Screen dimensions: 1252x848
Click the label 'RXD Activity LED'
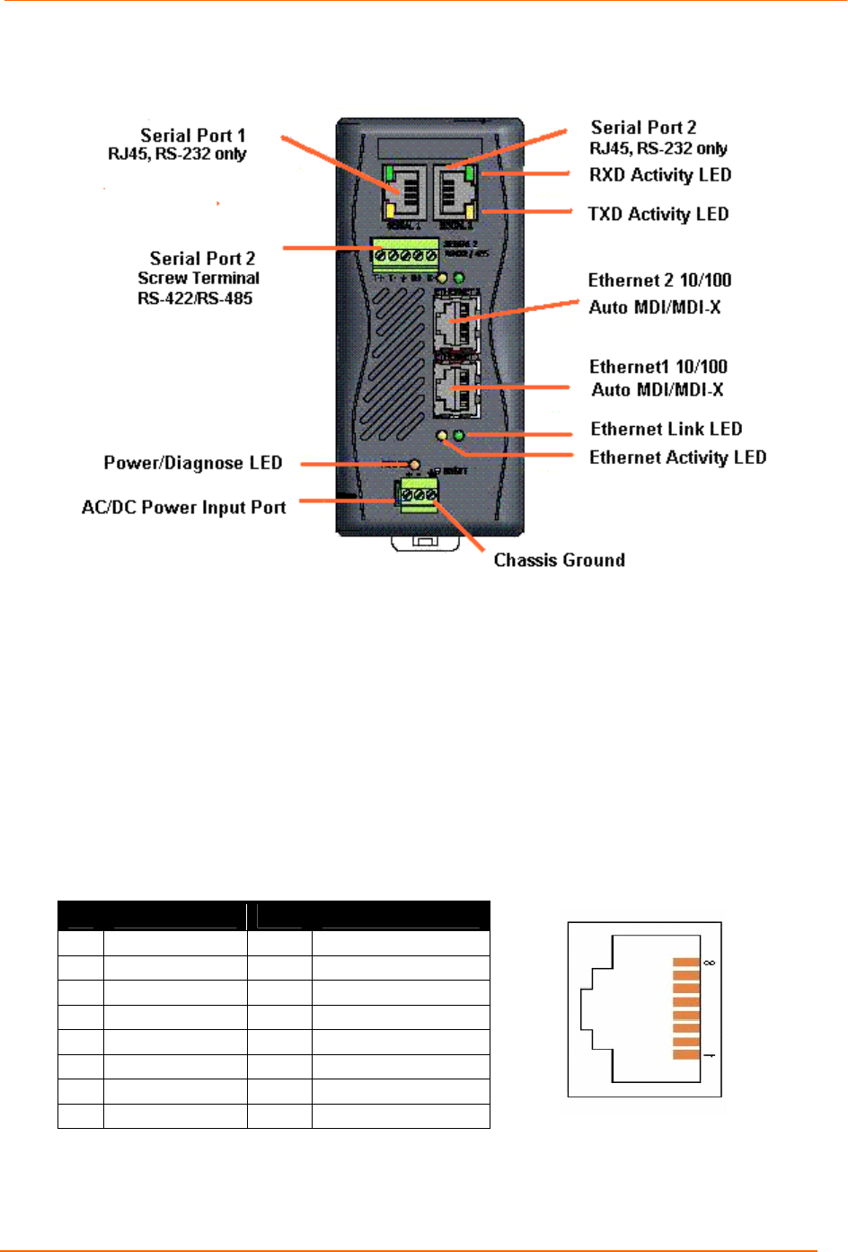click(659, 175)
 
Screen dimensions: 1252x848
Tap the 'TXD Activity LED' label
click(658, 214)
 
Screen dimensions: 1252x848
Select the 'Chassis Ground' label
click(559, 560)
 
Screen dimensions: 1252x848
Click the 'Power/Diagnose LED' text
click(192, 463)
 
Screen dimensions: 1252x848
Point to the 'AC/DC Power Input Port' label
click(183, 508)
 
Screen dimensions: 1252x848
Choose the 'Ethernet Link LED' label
click(666, 429)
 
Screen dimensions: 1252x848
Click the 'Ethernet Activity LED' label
click(677, 457)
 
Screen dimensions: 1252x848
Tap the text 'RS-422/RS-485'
click(195, 298)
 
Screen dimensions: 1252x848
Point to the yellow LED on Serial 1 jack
click(391, 211)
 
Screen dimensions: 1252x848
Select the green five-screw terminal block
click(404, 255)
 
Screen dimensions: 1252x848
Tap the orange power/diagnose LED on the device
click(414, 465)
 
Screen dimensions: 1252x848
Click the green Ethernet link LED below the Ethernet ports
click(459, 436)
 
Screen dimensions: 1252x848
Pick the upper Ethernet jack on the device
click(455, 321)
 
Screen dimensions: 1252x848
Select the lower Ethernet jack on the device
click(455, 388)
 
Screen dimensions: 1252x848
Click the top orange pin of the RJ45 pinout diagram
click(686, 963)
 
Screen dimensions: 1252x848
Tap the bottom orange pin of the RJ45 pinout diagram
click(686, 1054)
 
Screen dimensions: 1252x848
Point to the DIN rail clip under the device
click(425, 541)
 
